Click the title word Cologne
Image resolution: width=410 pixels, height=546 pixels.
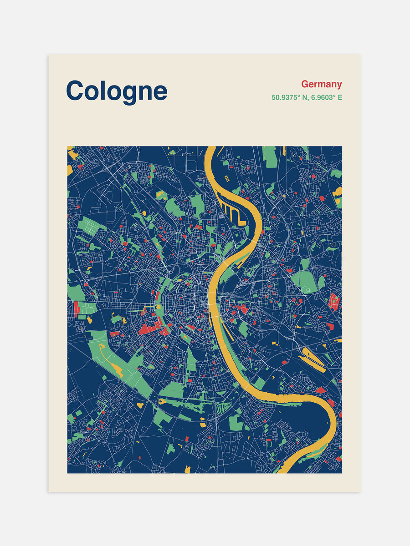click(x=117, y=91)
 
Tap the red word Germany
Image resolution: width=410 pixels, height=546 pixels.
click(x=321, y=84)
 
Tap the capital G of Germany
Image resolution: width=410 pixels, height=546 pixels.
click(x=305, y=84)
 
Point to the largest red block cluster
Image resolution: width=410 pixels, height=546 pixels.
click(x=150, y=327)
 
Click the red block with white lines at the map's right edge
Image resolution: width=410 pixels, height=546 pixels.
click(x=334, y=302)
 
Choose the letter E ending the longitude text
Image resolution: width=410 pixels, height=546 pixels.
click(x=339, y=97)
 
